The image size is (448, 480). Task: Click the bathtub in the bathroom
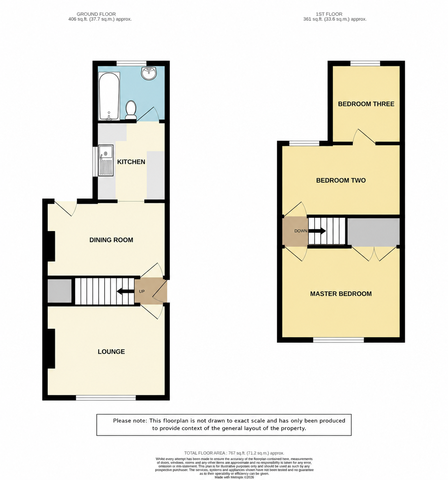point(109,96)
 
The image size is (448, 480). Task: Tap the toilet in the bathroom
point(131,110)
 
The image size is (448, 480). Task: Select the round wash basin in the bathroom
point(149,73)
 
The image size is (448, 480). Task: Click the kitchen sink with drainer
point(106,160)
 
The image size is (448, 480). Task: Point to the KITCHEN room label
point(131,162)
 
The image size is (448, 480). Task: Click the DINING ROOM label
point(111,240)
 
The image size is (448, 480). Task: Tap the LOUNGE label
point(111,351)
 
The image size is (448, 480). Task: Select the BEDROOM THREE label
point(366,104)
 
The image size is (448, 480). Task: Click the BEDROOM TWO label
point(341,180)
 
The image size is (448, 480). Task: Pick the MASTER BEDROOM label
point(341,294)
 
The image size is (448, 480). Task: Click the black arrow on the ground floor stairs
point(125,291)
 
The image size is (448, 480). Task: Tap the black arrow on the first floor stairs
point(317,231)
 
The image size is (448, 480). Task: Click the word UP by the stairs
point(142,291)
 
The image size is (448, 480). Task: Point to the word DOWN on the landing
point(301,231)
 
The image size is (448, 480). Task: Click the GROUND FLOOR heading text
point(96,14)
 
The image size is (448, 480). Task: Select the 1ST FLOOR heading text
point(329,14)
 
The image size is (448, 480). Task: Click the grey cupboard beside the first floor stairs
point(373,232)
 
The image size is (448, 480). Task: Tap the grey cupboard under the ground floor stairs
point(60,291)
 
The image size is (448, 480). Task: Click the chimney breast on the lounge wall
point(51,348)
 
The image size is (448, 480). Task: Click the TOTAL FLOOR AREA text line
point(234,453)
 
